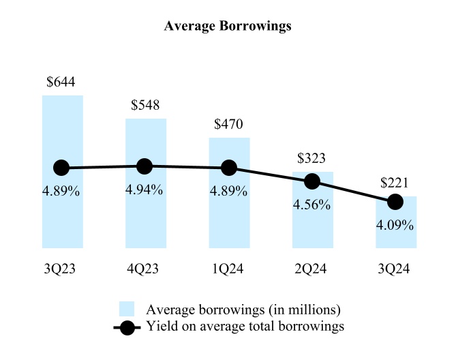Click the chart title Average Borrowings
tap(228, 27)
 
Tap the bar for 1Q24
tap(229, 218)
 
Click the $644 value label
tap(61, 82)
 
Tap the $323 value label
tap(311, 158)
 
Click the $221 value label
tap(395, 183)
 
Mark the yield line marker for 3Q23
tap(61, 168)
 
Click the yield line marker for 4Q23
tap(144, 166)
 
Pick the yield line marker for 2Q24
tap(312, 181)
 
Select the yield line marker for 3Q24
tap(395, 202)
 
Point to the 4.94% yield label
tap(144, 190)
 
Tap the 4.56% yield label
tap(312, 205)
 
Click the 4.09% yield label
tap(395, 224)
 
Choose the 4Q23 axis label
tap(144, 269)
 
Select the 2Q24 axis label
tap(312, 269)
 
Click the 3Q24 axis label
tap(395, 269)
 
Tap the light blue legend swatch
tap(126, 309)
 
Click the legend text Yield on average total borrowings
tap(245, 327)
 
